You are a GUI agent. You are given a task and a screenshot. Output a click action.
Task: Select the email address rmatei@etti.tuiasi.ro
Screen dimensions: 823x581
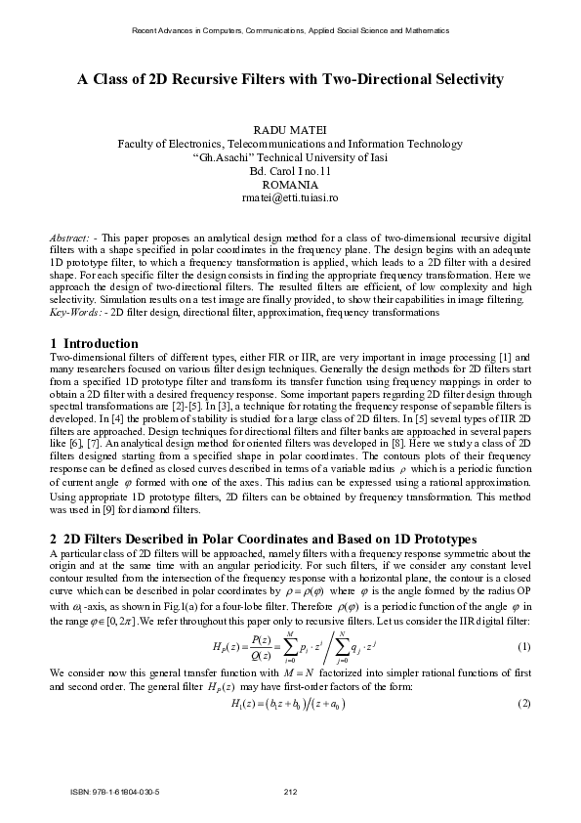pyautogui.click(x=290, y=197)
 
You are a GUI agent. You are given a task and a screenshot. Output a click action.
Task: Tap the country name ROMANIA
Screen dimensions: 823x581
pyautogui.click(x=290, y=184)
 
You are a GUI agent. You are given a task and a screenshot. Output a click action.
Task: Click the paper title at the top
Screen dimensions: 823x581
pyautogui.click(x=290, y=80)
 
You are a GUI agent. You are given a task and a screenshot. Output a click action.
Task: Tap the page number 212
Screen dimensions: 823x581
pyautogui.click(x=290, y=792)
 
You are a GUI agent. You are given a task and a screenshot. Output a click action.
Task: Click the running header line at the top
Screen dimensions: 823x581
pyautogui.click(x=290, y=30)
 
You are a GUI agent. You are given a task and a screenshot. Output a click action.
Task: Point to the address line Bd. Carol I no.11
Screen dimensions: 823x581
pyautogui.click(x=290, y=170)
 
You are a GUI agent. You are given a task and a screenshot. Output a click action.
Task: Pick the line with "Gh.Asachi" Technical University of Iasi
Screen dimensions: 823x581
pyautogui.click(x=290, y=156)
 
